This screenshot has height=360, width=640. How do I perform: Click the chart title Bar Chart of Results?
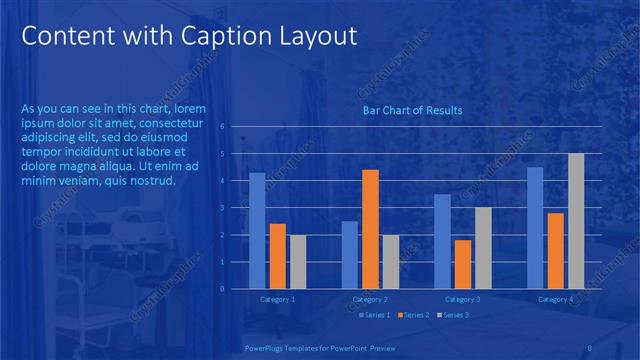coord(412,110)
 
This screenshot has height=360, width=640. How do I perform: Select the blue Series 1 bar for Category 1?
coord(257,231)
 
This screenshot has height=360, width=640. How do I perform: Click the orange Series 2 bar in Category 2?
coord(370,229)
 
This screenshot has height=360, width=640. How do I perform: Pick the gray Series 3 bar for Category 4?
coord(576,221)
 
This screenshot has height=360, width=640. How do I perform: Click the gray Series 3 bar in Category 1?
coord(298,262)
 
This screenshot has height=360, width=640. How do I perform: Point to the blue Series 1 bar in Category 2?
coord(350,255)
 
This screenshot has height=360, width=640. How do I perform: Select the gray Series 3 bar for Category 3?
coord(483,248)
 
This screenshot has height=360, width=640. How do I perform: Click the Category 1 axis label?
coord(277,299)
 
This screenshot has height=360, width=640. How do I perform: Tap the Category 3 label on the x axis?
coord(463,299)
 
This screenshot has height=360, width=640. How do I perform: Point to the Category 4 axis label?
coord(555,299)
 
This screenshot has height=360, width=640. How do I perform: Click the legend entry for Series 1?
coord(374,316)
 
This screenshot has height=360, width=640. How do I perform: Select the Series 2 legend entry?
coord(414,316)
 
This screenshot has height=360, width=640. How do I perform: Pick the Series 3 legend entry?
coord(453,316)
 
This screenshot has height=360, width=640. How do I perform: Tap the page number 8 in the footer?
coord(590,348)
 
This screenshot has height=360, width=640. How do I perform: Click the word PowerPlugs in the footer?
coord(265,348)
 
